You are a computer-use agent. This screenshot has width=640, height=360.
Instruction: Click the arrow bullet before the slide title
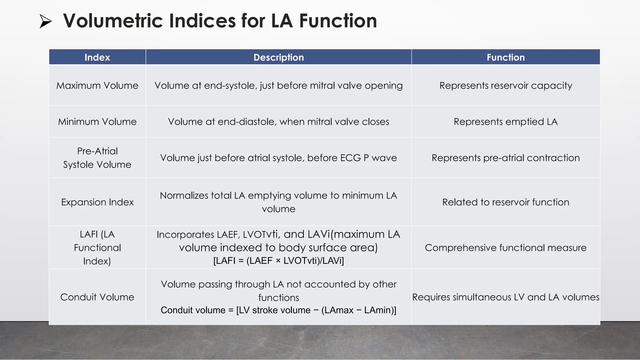(x=46, y=21)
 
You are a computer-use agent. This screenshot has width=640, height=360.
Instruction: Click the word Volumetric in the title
(x=113, y=21)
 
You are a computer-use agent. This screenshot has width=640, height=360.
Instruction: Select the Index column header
(x=97, y=57)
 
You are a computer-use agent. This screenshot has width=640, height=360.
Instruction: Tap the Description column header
(x=278, y=57)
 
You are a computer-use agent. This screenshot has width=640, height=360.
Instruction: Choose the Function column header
(x=506, y=57)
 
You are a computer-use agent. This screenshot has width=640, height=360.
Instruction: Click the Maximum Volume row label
(x=97, y=85)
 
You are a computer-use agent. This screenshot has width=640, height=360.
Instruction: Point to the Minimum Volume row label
(x=97, y=122)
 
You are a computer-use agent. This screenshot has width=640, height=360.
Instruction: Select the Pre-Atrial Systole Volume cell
(x=97, y=158)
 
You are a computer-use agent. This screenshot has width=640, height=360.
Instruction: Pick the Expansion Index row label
(x=97, y=202)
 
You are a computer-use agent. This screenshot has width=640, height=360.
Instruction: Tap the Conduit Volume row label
(x=97, y=297)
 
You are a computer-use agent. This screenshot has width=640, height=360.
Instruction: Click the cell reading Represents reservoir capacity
(x=506, y=85)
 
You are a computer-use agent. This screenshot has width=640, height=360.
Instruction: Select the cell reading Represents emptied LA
(x=506, y=122)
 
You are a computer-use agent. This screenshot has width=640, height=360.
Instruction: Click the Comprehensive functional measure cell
(x=506, y=247)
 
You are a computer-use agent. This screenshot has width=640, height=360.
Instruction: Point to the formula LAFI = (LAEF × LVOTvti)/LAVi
(x=278, y=261)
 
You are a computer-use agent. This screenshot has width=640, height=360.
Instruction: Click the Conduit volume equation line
(x=278, y=310)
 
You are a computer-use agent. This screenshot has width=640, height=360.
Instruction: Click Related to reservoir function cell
(x=506, y=202)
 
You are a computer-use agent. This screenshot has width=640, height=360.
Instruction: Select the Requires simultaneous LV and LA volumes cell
(x=506, y=297)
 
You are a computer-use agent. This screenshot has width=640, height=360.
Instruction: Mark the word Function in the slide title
(x=338, y=21)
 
